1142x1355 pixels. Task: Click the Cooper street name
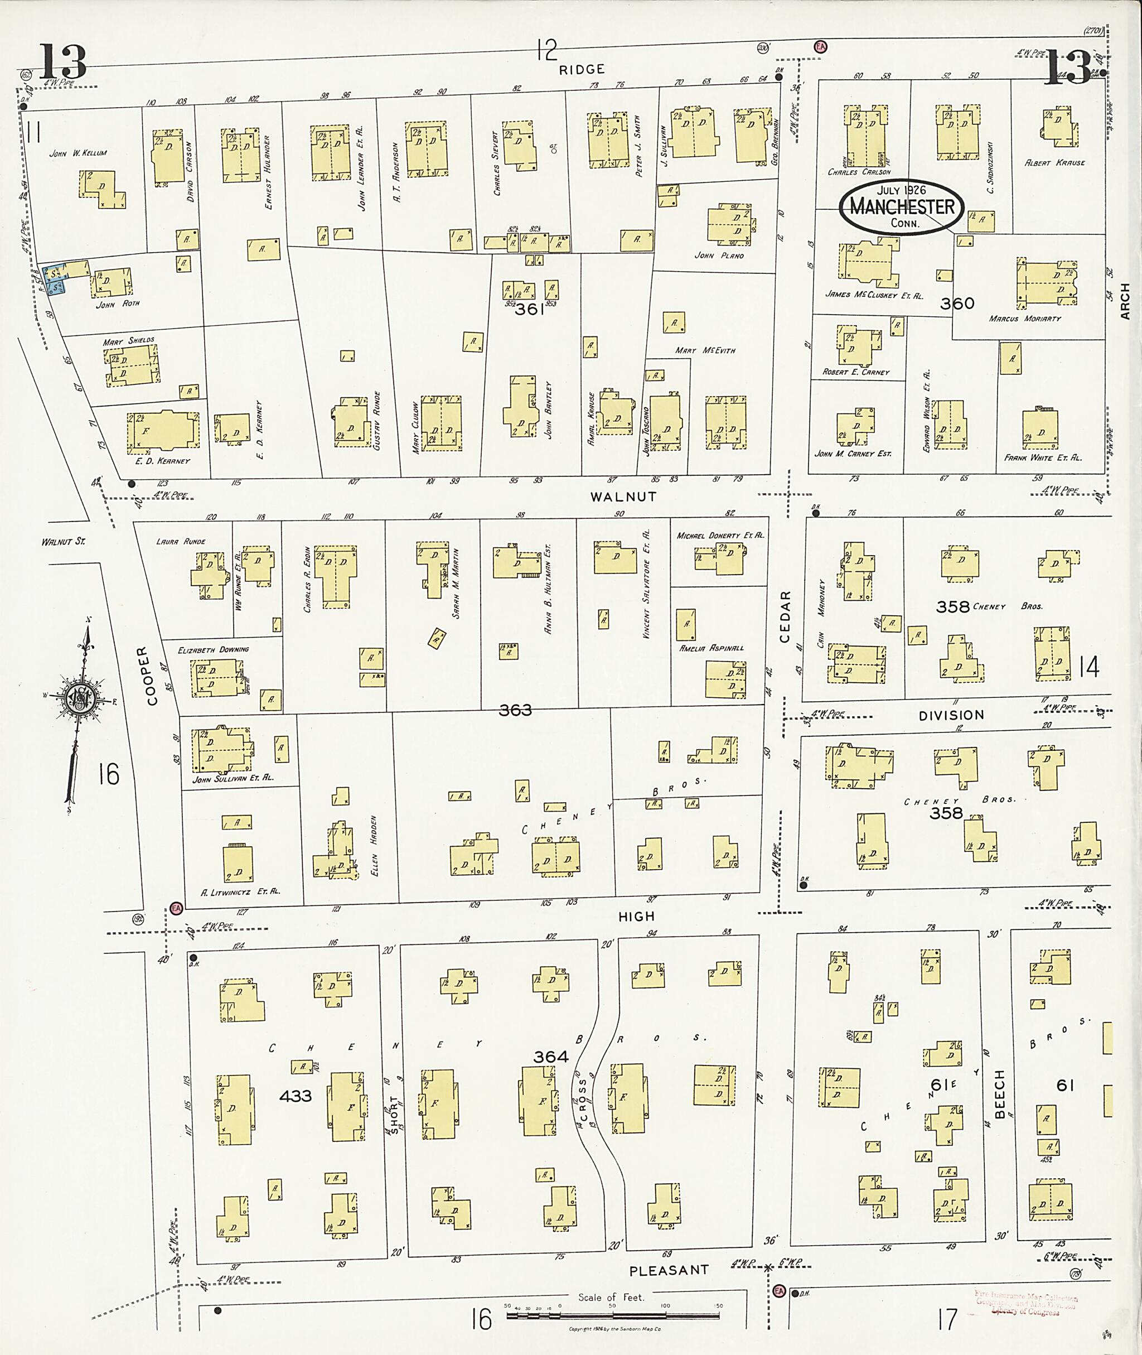click(152, 675)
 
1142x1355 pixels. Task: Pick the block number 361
click(530, 310)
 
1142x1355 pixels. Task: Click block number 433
click(295, 1096)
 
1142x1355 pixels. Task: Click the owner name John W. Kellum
click(78, 153)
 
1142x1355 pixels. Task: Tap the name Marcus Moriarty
click(1025, 319)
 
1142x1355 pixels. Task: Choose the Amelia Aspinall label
click(711, 647)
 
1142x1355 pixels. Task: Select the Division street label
click(951, 715)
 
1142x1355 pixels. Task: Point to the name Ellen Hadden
click(375, 846)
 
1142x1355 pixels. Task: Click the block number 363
click(515, 711)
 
